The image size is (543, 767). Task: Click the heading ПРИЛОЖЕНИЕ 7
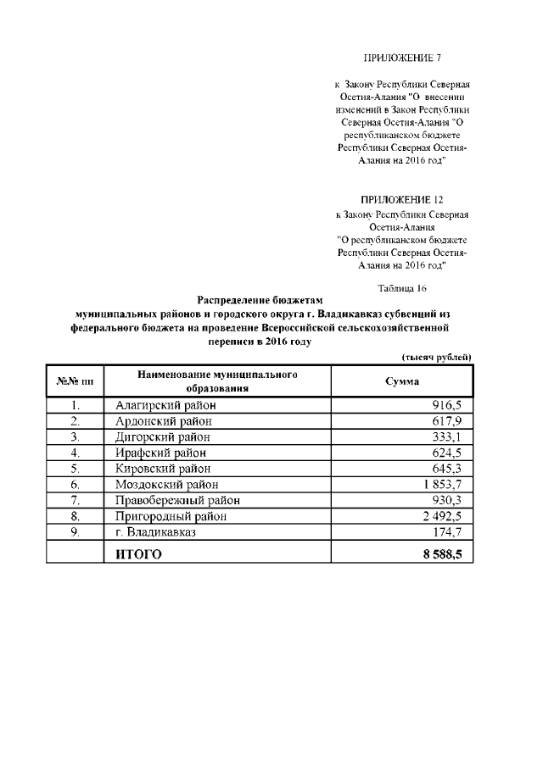click(x=402, y=58)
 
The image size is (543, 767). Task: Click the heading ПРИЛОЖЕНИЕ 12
click(x=402, y=201)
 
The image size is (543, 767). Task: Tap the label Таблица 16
click(x=401, y=288)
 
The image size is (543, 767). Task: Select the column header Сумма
click(x=402, y=381)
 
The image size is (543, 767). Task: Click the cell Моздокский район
click(x=166, y=485)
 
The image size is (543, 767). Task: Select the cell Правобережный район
click(x=177, y=500)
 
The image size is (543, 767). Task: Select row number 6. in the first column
click(x=75, y=485)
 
